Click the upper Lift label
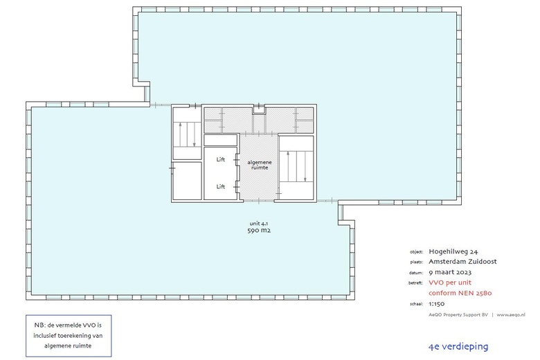[220, 159]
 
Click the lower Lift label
[220, 186]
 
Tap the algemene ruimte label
[260, 165]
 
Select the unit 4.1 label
[259, 224]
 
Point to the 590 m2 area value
[259, 231]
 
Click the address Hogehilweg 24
[453, 251]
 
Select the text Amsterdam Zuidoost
[462, 262]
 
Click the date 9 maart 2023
[450, 272]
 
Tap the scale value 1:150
[436, 304]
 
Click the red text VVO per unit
[450, 282]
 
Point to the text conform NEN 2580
[460, 293]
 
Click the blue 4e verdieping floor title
[458, 347]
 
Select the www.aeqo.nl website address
[511, 314]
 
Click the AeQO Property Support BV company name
[458, 314]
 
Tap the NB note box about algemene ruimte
[69, 336]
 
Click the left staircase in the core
[187, 134]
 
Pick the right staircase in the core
[296, 166]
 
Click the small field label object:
[416, 252]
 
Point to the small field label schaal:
[416, 304]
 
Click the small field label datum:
[416, 273]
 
